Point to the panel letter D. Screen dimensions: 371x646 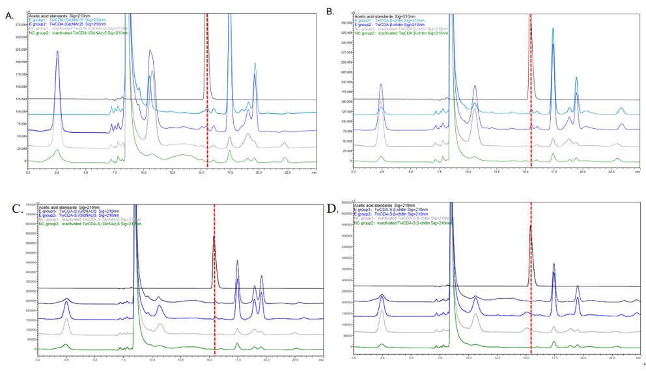(330, 208)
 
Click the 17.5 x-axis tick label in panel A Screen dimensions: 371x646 (230, 172)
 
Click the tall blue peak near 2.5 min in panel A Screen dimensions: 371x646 (57, 53)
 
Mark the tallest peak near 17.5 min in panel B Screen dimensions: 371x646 (553, 29)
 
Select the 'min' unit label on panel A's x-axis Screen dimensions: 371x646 (313, 172)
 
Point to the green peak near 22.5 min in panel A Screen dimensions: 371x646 (285, 158)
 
